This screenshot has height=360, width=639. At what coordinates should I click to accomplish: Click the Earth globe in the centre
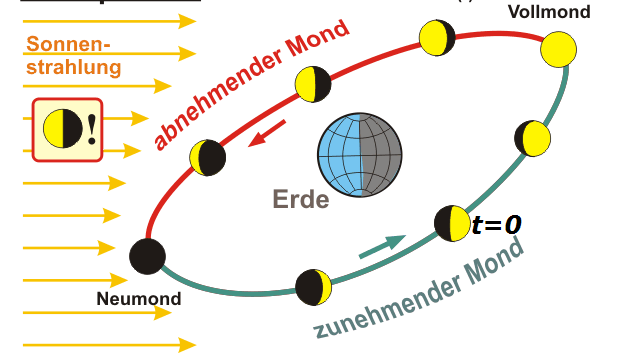pyautogui.click(x=359, y=158)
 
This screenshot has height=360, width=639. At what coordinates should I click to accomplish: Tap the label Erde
pyautogui.click(x=301, y=199)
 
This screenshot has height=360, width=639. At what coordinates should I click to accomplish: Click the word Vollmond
pyautogui.click(x=549, y=13)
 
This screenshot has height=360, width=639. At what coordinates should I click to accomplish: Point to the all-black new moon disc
pyautogui.click(x=147, y=255)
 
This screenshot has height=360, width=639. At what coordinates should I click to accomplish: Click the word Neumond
pyautogui.click(x=139, y=298)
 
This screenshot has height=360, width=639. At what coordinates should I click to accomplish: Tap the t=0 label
pyautogui.click(x=496, y=226)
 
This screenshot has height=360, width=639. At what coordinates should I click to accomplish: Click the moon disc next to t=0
pyautogui.click(x=450, y=222)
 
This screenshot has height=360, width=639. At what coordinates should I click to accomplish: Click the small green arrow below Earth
pyautogui.click(x=381, y=245)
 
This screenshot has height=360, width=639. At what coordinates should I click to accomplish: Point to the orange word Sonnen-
pyautogui.click(x=68, y=45)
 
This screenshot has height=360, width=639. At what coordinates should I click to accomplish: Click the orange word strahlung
pyautogui.click(x=74, y=68)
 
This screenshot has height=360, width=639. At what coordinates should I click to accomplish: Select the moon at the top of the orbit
pyautogui.click(x=436, y=39)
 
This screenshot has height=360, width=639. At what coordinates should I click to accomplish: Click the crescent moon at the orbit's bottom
pyautogui.click(x=312, y=287)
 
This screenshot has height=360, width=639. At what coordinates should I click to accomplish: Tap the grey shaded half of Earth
pyautogui.click(x=381, y=158)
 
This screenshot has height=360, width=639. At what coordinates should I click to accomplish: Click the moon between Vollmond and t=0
pyautogui.click(x=532, y=138)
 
